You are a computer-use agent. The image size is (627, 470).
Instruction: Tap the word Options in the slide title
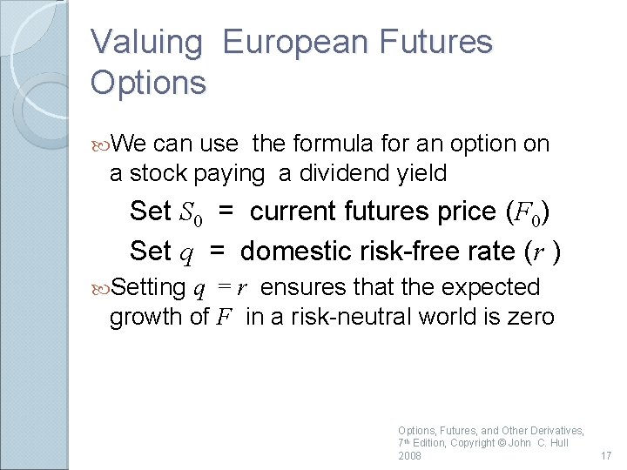(148, 83)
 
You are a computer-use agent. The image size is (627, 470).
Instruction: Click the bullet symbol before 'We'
(101, 143)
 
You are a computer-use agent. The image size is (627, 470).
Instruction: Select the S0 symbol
(192, 212)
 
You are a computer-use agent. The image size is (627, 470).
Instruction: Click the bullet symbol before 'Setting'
(101, 287)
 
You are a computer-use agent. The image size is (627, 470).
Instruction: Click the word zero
(530, 317)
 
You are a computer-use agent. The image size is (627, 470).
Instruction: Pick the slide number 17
(606, 455)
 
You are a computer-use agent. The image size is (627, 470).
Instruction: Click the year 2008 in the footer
(409, 456)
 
